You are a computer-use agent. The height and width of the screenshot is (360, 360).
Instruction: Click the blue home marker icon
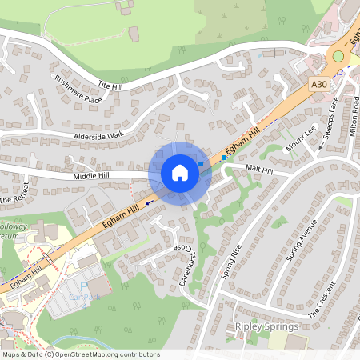179,172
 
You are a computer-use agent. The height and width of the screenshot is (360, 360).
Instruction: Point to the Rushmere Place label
78,90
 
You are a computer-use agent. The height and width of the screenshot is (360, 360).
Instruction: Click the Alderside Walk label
98,136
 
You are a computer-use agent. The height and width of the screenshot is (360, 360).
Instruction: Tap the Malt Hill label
259,169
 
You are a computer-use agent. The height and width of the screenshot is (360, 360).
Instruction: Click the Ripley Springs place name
266,326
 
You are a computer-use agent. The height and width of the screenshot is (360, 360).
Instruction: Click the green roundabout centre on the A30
338,56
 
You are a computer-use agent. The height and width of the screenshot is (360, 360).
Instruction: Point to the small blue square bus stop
224,158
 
